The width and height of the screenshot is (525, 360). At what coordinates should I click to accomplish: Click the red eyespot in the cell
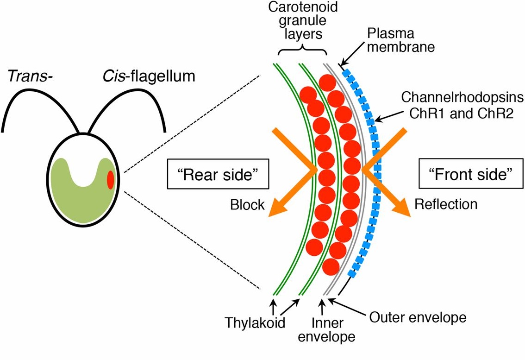(110, 180)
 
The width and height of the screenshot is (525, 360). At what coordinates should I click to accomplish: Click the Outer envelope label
(417, 318)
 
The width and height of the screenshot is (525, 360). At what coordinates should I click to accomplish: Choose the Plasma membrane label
(400, 40)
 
